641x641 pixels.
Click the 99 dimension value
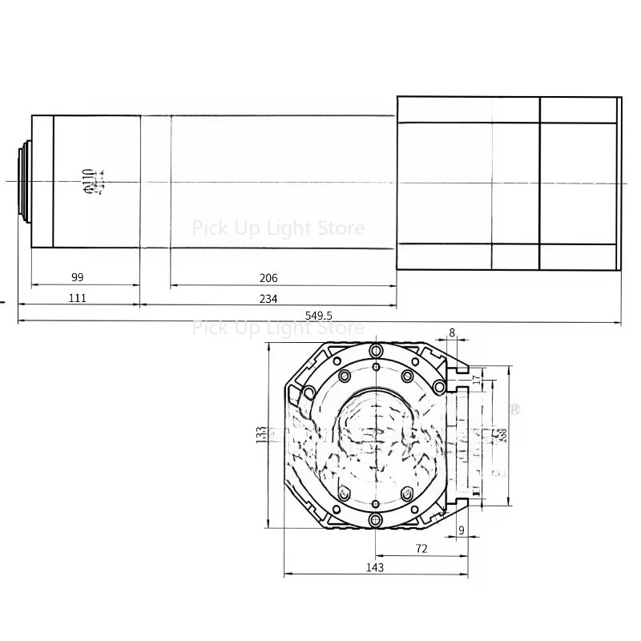(77, 277)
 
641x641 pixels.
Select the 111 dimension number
(77, 299)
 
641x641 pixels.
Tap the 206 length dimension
(268, 278)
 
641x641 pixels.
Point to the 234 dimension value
(268, 299)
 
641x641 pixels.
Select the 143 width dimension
(374, 567)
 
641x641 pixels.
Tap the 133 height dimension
(260, 435)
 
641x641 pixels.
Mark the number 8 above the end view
(453, 332)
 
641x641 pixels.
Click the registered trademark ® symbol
(516, 409)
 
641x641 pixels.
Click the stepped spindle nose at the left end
(24, 181)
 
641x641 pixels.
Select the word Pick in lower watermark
(210, 328)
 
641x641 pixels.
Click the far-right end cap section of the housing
(579, 183)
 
